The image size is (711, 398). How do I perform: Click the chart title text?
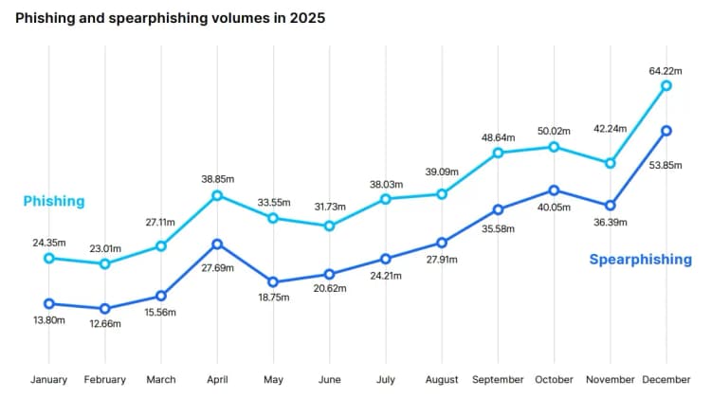pyautogui.click(x=173, y=18)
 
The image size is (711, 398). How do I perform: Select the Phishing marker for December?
pyautogui.click(x=666, y=85)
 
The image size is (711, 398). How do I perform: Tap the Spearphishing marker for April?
pyautogui.click(x=217, y=244)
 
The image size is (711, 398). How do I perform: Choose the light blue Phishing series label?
pyautogui.click(x=54, y=201)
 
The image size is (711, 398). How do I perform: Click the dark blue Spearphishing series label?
pyautogui.click(x=640, y=260)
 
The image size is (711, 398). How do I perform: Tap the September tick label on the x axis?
pyautogui.click(x=498, y=380)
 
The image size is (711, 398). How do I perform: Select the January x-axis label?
pyautogui.click(x=48, y=380)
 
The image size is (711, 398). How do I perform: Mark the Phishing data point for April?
pyautogui.click(x=217, y=195)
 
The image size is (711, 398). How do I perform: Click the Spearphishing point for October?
pyautogui.click(x=554, y=190)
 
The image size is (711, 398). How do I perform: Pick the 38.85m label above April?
pyautogui.click(x=217, y=178)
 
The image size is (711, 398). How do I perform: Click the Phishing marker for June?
pyautogui.click(x=329, y=226)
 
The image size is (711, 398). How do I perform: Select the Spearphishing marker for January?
pyautogui.click(x=48, y=303)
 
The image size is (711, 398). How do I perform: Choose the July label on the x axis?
pyautogui.click(x=386, y=380)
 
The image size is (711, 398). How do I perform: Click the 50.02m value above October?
pyautogui.click(x=554, y=130)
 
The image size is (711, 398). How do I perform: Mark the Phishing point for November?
pyautogui.click(x=611, y=163)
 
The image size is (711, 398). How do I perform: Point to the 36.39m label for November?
pyautogui.click(x=611, y=222)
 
